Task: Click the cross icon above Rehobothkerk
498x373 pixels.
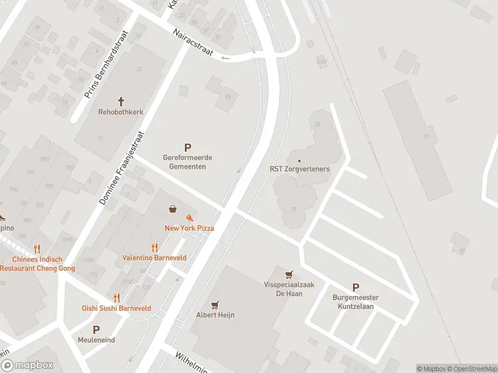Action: coord(121,101)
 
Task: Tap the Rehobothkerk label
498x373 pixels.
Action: coord(121,113)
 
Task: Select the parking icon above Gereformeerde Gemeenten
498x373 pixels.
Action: coord(187,147)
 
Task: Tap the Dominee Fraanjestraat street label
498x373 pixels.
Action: coord(121,168)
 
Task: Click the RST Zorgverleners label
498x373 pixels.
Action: coord(299,169)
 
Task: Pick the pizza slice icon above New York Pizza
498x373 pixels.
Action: coord(189,218)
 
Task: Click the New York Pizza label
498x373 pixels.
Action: coord(189,229)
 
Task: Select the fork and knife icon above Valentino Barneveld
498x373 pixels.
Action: coord(154,247)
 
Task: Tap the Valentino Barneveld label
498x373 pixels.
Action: coord(154,258)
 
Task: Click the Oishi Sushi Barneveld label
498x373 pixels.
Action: coord(116,308)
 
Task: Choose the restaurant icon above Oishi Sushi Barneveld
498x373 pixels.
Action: coord(116,298)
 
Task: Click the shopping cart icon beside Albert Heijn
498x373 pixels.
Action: coord(215,305)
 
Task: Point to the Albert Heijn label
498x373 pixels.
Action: coord(215,315)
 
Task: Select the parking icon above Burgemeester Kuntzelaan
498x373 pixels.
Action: coord(355,287)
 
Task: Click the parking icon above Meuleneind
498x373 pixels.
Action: coord(96,329)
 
